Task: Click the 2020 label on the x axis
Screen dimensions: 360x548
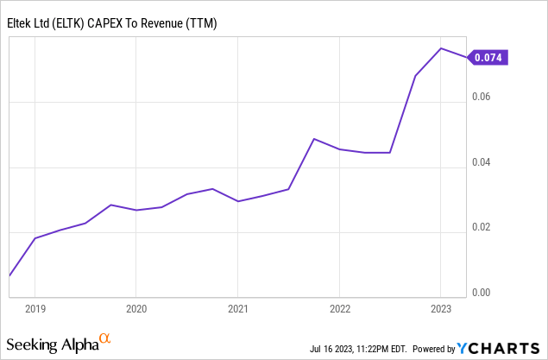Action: pyautogui.click(x=136, y=308)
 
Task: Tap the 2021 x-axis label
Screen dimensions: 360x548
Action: pyautogui.click(x=238, y=308)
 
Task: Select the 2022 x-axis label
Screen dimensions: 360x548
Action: pyautogui.click(x=339, y=308)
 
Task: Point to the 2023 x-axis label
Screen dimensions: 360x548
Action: pyautogui.click(x=441, y=308)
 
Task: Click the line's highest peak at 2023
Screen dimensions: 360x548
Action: pyautogui.click(x=441, y=48)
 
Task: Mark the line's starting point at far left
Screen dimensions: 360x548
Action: pyautogui.click(x=9, y=275)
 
